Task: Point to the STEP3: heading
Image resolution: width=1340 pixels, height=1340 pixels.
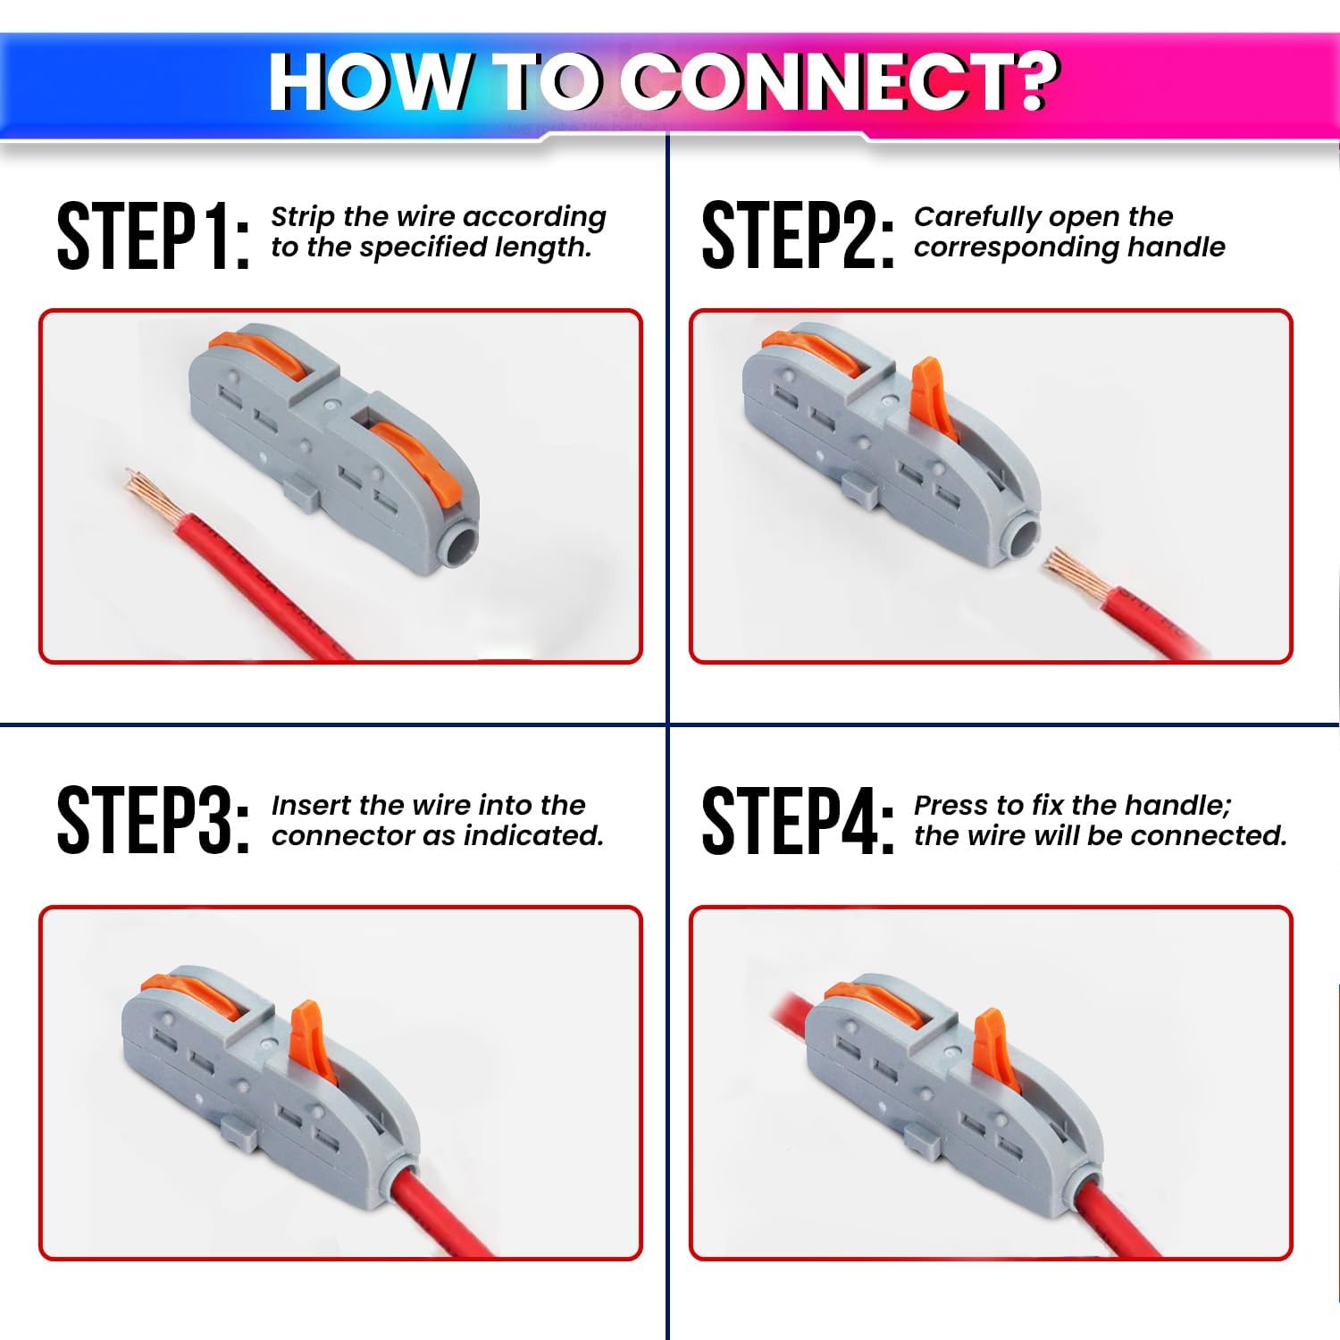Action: (x=153, y=821)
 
